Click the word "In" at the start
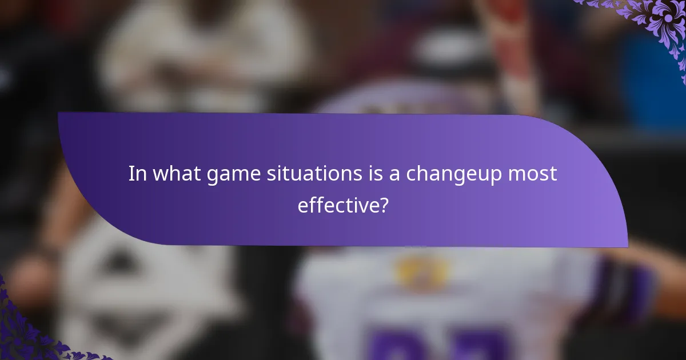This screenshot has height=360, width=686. coord(136,173)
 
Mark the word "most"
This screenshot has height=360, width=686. coord(533,173)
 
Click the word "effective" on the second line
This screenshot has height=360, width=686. coord(337,205)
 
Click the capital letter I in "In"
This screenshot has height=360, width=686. coord(131,173)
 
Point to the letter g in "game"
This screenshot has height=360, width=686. coord(212,176)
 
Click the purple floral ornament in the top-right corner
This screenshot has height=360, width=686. coord(658,23)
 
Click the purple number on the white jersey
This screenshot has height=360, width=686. coord(434,343)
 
